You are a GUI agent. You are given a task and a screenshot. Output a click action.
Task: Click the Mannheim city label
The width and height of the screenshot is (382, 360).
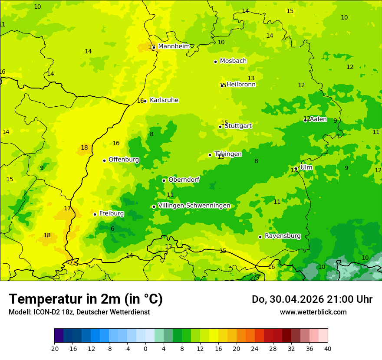point(174,46)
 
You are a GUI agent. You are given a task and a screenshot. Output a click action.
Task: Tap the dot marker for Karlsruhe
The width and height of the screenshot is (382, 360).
point(145,101)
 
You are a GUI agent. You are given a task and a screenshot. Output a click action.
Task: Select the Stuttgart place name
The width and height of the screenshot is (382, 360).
point(238,126)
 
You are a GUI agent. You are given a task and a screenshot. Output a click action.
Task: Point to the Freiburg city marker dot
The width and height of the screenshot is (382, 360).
point(95,214)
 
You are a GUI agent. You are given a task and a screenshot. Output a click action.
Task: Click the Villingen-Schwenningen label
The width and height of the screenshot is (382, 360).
point(194,206)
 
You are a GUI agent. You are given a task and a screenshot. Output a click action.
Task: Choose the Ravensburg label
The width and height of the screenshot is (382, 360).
point(283,236)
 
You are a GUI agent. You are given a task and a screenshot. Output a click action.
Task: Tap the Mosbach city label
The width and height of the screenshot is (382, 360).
point(233,61)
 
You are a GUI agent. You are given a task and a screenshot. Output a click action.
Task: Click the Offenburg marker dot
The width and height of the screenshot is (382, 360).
point(104,160)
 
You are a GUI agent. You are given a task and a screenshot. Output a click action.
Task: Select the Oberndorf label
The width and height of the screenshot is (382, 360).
point(184,180)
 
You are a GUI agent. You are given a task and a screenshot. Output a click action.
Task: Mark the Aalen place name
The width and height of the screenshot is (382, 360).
point(318,119)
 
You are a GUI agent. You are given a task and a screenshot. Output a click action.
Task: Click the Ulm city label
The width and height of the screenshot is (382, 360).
point(306,167)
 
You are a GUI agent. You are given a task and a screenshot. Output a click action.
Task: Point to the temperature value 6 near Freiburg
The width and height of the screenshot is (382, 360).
point(112,229)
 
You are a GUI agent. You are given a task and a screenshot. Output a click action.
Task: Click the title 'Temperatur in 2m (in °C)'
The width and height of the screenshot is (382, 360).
point(86,299)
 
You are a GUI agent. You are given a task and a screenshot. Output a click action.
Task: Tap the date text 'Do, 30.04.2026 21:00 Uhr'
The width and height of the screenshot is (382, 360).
point(312,299)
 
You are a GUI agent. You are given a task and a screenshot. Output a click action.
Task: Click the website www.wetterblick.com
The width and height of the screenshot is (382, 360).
point(313,312)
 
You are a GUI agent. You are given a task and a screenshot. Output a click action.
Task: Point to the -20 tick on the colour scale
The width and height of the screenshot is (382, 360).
point(54,348)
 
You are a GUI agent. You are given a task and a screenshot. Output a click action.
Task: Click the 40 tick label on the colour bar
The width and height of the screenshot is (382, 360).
point(328,348)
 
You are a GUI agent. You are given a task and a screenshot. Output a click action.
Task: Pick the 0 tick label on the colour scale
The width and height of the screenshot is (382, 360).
point(145,348)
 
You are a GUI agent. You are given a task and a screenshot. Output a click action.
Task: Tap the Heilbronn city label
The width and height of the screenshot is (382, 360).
point(241,85)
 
